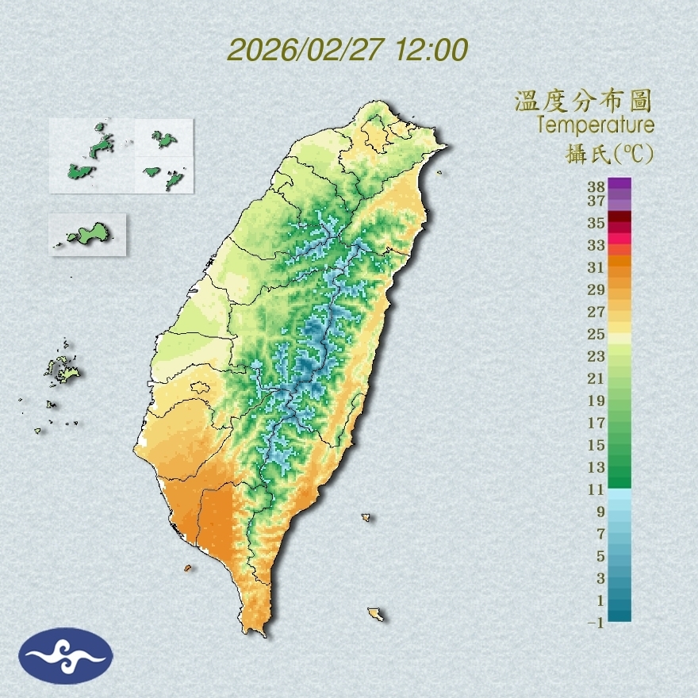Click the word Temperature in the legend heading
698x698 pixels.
pyautogui.click(x=595, y=125)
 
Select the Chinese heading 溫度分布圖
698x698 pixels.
pyautogui.click(x=583, y=102)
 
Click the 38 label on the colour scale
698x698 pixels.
pyautogui.click(x=596, y=187)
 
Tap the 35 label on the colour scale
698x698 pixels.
pyautogui.click(x=596, y=223)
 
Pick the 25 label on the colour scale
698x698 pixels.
pyautogui.click(x=596, y=333)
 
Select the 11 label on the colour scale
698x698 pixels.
pyautogui.click(x=596, y=489)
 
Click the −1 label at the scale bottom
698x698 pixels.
pyautogui.click(x=596, y=623)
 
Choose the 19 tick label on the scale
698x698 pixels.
pyautogui.click(x=596, y=400)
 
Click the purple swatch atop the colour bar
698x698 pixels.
pyautogui.click(x=619, y=184)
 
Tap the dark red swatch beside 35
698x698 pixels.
pyautogui.click(x=619, y=217)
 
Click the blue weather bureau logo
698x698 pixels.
pyautogui.click(x=67, y=656)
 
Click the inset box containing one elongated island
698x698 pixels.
pyautogui.click(x=88, y=234)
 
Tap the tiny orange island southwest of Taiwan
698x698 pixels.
pyautogui.click(x=188, y=568)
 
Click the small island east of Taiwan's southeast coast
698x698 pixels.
pyautogui.click(x=366, y=517)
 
